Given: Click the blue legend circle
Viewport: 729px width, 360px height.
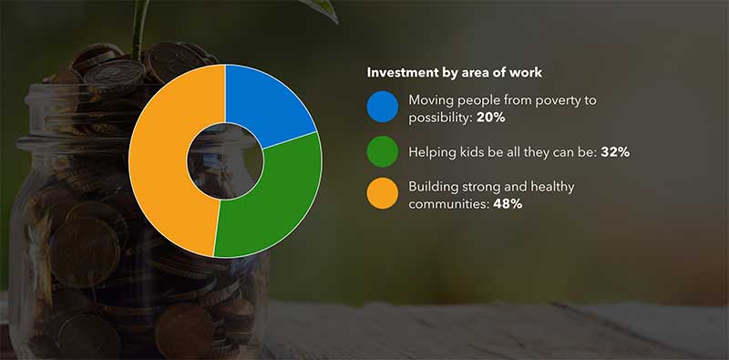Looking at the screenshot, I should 382,108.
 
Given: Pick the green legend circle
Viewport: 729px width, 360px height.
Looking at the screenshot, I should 382,151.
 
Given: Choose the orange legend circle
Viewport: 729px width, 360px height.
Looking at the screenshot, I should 382,194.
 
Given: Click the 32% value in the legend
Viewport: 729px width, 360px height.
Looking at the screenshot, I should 615,151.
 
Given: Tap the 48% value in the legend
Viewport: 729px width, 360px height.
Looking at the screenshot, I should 508,203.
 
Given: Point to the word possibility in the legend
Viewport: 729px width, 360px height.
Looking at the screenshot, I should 440,117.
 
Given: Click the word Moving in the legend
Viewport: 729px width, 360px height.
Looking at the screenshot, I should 431,99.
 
